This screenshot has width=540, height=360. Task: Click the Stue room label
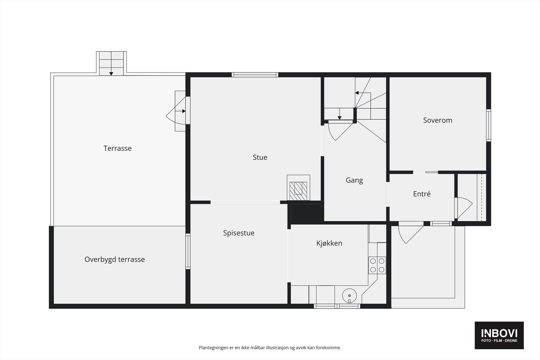[x=260, y=157]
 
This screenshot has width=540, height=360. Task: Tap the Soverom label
[x=437, y=120]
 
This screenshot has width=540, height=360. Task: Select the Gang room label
[x=354, y=180]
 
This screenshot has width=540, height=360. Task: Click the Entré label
[x=422, y=194]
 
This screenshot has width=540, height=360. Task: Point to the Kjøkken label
[x=329, y=243]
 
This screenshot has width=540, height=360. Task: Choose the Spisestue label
[x=239, y=233]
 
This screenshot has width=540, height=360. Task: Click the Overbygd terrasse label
[x=114, y=259]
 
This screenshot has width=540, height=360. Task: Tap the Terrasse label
[x=117, y=148]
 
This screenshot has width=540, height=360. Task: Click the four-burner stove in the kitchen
[x=377, y=265]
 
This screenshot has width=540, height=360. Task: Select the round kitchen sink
[x=349, y=296]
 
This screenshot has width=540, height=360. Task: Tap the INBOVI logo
[x=499, y=335]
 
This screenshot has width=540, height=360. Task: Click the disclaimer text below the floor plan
[x=270, y=348]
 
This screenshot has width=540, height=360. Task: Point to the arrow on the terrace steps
[x=111, y=73]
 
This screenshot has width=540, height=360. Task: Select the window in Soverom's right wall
[x=488, y=125]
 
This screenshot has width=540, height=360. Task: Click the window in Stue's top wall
[x=255, y=75]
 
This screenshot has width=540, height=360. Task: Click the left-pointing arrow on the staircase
[x=356, y=93]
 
